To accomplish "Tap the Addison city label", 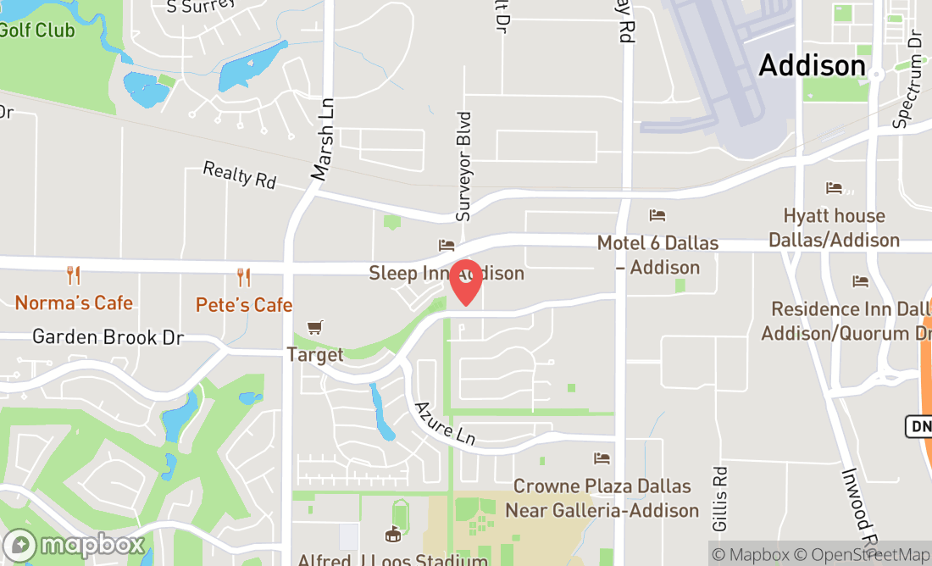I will click(x=812, y=65).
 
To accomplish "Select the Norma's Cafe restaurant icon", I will click(x=74, y=275).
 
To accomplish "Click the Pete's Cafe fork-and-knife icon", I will click(x=244, y=277).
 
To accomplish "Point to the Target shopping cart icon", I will click(x=315, y=327).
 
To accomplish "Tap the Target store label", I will click(x=315, y=354).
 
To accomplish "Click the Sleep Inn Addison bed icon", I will click(x=447, y=246).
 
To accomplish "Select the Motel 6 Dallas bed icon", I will click(x=657, y=215).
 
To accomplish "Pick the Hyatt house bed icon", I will click(x=835, y=188).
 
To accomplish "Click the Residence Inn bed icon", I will click(x=861, y=281).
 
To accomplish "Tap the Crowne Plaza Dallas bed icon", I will click(x=602, y=458).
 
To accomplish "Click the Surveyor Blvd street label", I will click(x=463, y=166).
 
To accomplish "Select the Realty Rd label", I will click(x=240, y=175).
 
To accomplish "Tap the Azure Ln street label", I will click(x=444, y=423).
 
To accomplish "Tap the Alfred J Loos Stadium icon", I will click(x=393, y=534).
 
